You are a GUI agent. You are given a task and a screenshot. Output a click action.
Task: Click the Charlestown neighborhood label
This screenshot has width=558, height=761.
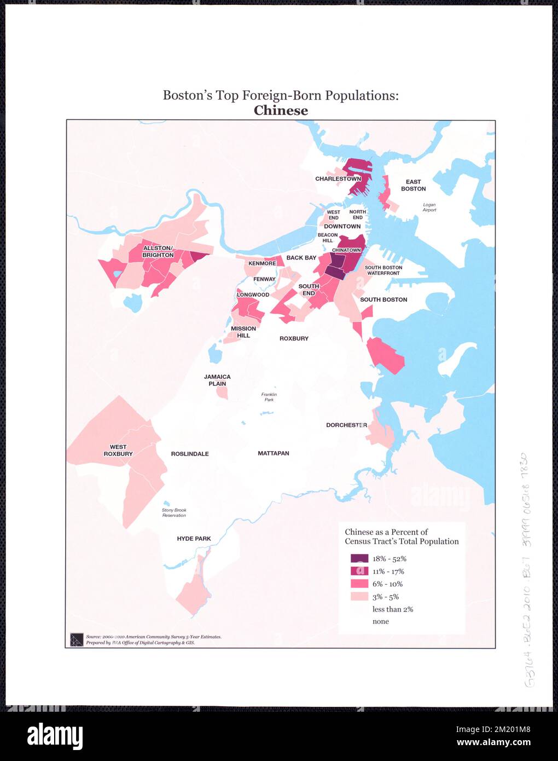[338, 179]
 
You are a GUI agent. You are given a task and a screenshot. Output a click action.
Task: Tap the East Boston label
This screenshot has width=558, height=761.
[413, 186]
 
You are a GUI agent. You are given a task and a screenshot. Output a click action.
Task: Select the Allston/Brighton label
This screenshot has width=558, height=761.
[158, 252]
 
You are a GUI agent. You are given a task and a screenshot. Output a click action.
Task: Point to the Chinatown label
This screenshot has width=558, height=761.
[346, 250]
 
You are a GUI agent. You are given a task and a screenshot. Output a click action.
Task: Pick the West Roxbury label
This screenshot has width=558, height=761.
[118, 451]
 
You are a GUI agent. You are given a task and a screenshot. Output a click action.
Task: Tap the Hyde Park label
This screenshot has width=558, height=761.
[194, 539]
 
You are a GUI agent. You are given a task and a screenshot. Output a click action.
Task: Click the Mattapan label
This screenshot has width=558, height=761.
[274, 453]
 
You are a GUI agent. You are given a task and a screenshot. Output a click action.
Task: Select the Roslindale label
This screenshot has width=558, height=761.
[190, 454]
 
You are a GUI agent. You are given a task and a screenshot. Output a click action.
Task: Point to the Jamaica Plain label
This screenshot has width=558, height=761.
[217, 380]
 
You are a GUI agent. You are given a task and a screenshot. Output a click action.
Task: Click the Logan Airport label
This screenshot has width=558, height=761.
[429, 207]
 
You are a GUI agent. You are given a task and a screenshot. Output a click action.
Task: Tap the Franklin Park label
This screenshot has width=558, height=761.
[269, 397]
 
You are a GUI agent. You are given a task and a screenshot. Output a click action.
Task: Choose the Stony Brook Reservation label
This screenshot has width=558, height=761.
[174, 512]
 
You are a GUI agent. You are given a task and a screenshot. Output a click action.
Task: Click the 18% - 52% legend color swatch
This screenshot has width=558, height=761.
[359, 558]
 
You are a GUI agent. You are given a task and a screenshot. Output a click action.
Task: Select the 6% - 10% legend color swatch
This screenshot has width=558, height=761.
[359, 584]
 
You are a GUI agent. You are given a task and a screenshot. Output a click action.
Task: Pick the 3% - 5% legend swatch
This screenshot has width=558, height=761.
[359, 596]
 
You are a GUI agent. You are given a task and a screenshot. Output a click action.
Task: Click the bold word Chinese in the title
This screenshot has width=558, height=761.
[281, 111]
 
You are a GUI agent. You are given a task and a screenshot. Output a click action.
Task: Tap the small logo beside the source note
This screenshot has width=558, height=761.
[77, 639]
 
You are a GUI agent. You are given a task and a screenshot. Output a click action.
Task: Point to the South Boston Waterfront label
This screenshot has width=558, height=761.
[383, 270]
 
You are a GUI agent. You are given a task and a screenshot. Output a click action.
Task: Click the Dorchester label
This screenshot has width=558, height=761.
[346, 425]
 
